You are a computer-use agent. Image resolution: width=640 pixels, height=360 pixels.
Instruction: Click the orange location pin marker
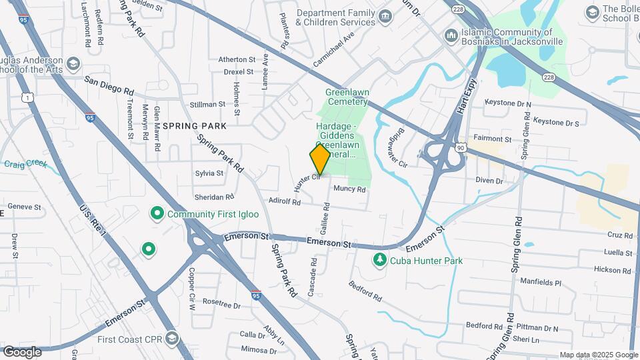pyautogui.click(x=320, y=159)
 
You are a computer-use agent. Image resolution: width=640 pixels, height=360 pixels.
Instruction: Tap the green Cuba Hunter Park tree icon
pyautogui.click(x=380, y=260)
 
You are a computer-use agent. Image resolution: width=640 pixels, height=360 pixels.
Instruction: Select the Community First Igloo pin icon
pyautogui.click(x=157, y=214)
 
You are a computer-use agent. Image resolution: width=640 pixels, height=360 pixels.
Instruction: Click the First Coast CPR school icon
pyautogui.click(x=173, y=339)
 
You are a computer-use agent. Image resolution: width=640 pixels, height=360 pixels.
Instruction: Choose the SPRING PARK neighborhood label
pyautogui.click(x=195, y=125)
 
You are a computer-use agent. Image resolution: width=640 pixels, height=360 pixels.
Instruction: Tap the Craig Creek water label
pyautogui.click(x=25, y=163)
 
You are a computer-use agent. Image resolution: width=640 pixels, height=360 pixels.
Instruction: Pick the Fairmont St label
pyautogui.click(x=492, y=139)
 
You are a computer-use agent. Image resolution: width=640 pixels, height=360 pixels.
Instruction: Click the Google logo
pyautogui.click(x=21, y=351)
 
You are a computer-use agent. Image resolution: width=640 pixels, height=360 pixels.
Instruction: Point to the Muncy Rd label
pyautogui.click(x=349, y=189)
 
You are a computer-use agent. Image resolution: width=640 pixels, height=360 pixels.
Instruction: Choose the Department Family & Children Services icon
pyautogui.click(x=385, y=15)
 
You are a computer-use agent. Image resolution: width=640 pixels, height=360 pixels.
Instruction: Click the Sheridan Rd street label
pyautogui.click(x=214, y=197)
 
